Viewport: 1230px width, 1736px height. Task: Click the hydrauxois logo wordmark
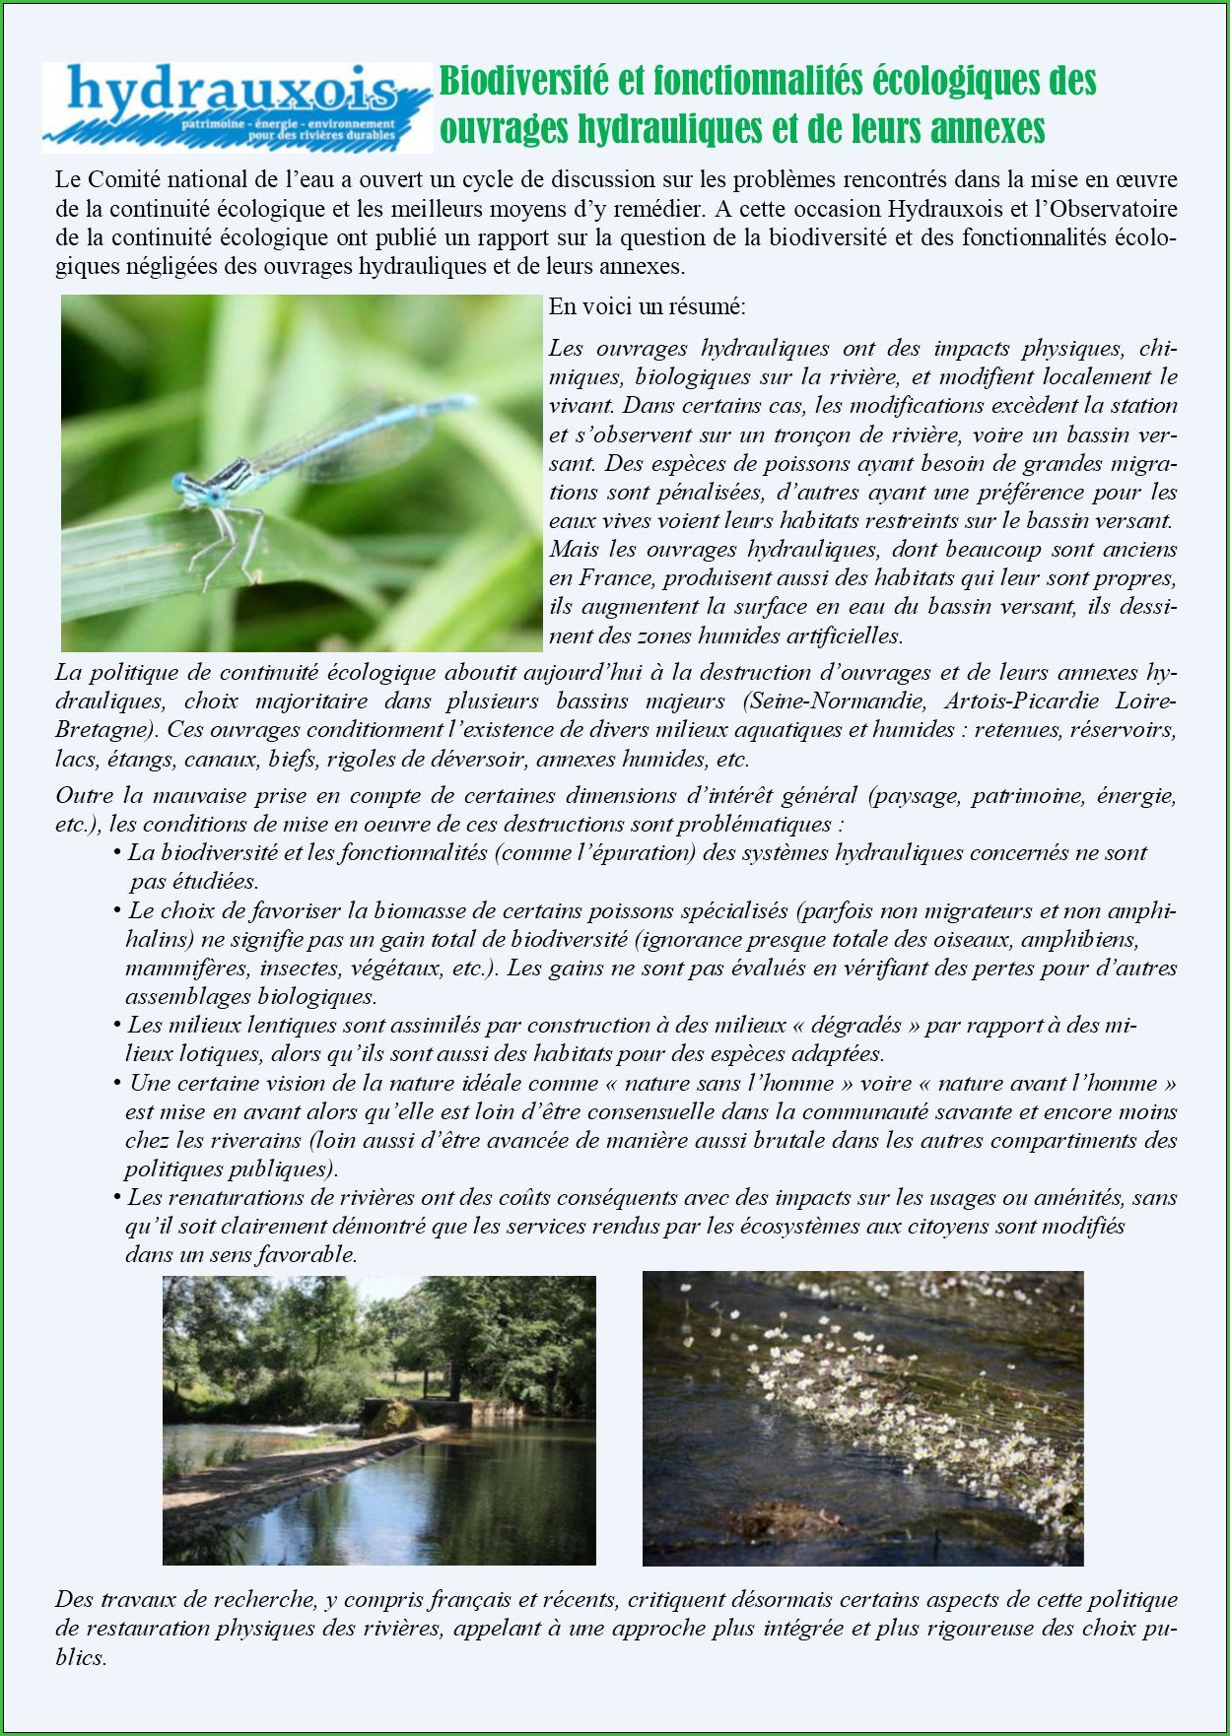232,92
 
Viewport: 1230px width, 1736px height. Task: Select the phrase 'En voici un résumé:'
647,306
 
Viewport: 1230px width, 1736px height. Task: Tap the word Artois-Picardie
1021,701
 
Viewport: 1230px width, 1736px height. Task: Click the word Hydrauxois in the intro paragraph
947,209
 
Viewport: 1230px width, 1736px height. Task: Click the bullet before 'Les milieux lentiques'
117,1026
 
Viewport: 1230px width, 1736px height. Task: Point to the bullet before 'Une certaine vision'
117,1083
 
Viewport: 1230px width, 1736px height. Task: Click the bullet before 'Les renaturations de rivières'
117,1197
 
